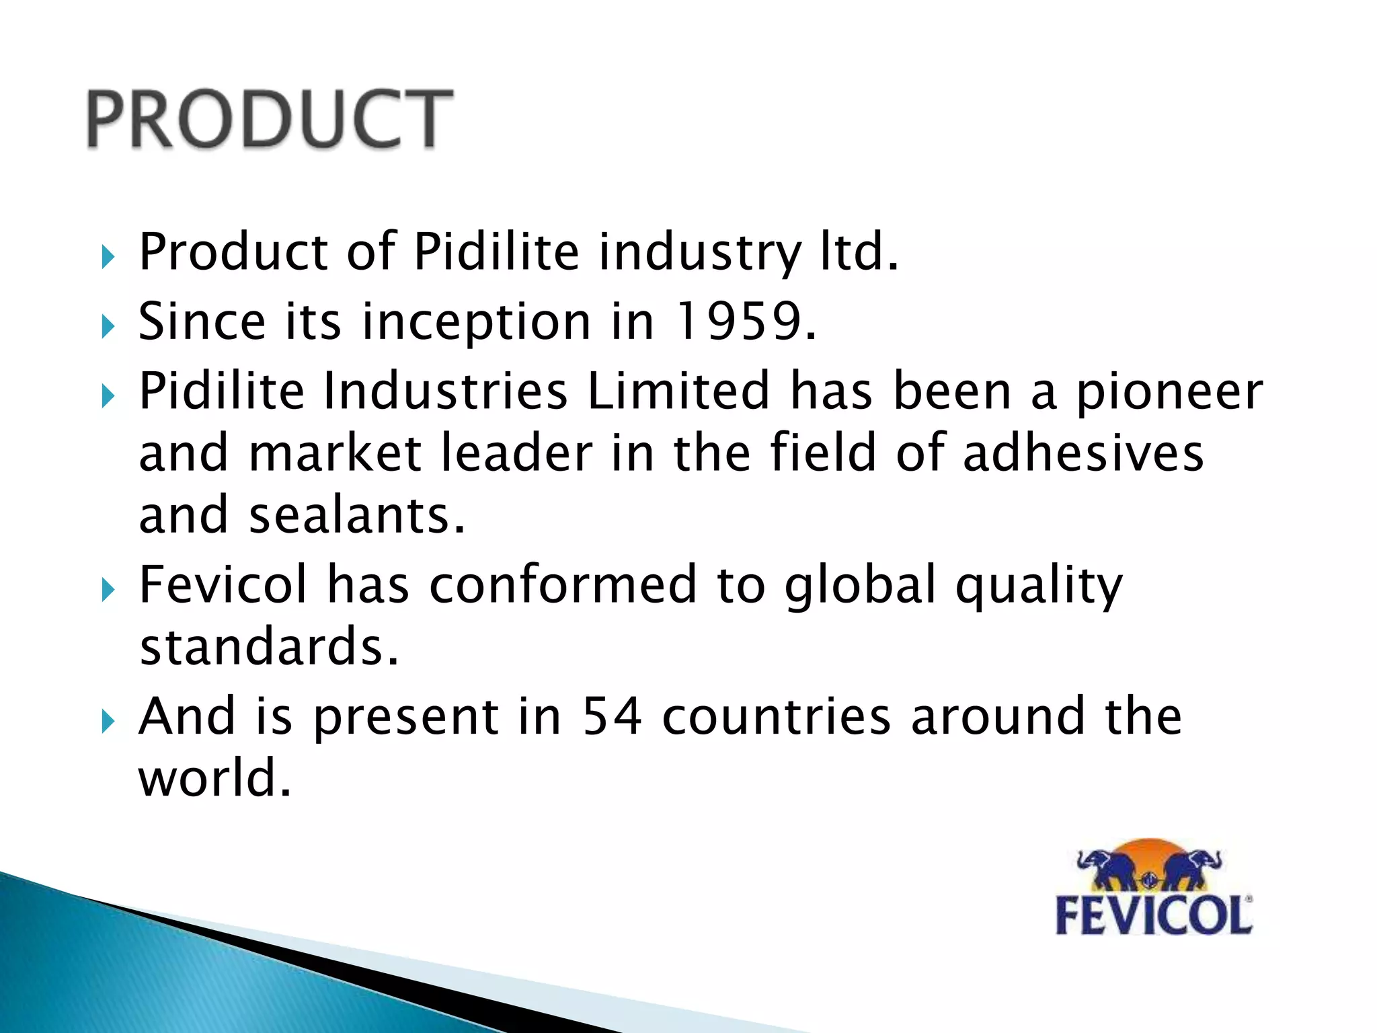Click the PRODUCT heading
[x=269, y=119]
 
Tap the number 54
[x=612, y=716]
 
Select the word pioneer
[x=1170, y=393]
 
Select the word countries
[x=777, y=716]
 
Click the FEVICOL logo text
[x=1154, y=915]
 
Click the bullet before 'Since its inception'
[x=108, y=328]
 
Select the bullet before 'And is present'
[x=108, y=722]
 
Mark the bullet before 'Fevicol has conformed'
[x=108, y=590]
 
